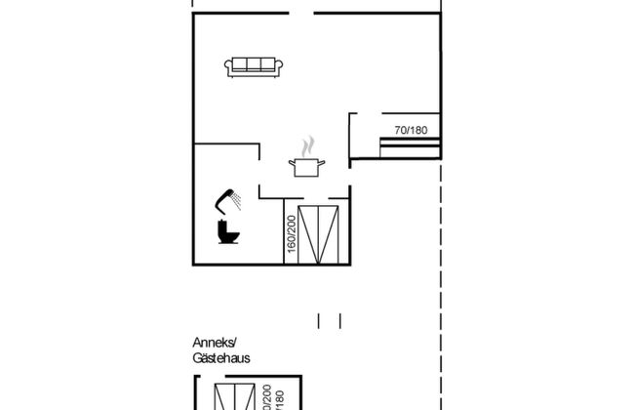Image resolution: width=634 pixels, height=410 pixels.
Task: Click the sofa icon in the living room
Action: point(255,66)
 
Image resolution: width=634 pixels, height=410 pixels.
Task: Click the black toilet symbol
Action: point(227,233)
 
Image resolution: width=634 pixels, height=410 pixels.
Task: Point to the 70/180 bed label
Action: point(411,130)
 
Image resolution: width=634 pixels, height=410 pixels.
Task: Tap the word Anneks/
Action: point(214,345)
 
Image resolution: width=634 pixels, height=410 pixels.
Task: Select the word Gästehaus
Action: point(220,359)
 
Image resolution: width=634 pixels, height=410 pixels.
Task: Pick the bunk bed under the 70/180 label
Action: point(410,148)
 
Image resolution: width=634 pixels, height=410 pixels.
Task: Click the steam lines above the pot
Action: point(309,146)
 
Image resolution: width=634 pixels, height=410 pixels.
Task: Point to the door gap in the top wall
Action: point(301,14)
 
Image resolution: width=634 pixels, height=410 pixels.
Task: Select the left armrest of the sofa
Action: point(228,67)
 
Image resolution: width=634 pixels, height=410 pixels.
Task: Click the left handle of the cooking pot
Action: point(292,164)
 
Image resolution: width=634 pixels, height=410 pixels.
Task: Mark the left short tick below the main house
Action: point(320,319)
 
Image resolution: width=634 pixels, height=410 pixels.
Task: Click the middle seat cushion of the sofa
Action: point(255,65)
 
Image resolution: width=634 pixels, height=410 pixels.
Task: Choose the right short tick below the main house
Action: point(340,319)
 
